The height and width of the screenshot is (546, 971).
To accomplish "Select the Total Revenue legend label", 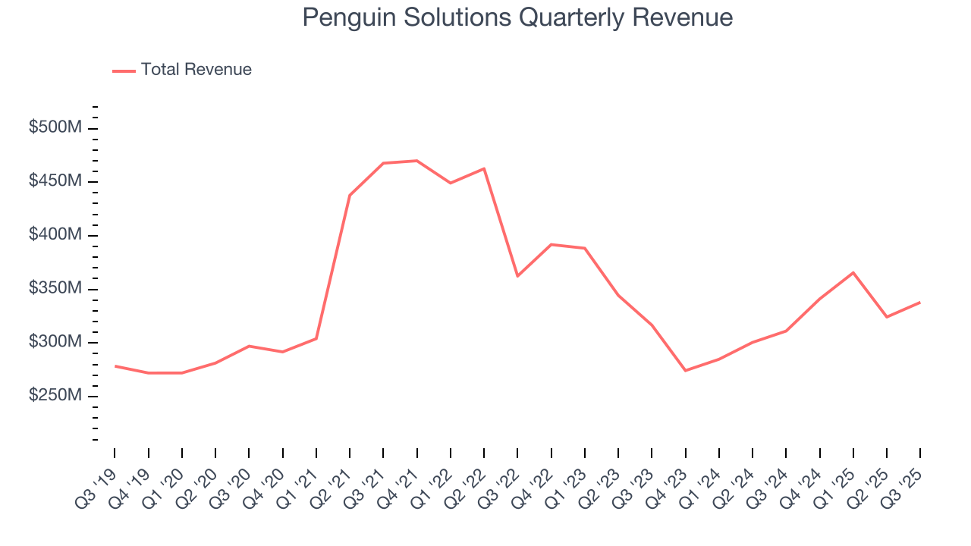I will pos(196,70).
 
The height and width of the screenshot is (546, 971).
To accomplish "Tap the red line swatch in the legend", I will pos(124,71).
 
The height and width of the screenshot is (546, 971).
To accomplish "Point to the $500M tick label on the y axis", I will pos(55,128).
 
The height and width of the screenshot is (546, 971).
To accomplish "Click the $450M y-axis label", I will pos(55,182).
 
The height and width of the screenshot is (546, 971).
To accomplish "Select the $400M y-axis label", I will pos(55,235).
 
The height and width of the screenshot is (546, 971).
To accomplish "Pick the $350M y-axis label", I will pos(55,289).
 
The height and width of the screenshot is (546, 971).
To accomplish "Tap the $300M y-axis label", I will pos(55,343).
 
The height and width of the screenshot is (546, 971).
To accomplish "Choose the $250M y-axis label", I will pos(55,397).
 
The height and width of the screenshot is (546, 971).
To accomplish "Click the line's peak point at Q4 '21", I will pos(416,161).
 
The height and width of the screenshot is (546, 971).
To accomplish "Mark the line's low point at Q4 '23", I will pos(686,371).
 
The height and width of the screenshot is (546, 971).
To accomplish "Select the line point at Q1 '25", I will pos(853,272).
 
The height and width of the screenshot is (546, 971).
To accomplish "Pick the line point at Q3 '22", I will pos(517,276).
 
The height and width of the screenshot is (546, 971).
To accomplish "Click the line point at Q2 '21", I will pos(350,196).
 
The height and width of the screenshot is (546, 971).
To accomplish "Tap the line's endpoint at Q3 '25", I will pos(920,303).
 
